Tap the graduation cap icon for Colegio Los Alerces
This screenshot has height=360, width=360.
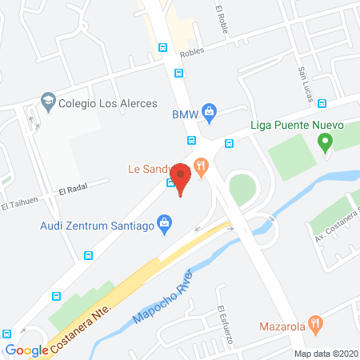(48, 102)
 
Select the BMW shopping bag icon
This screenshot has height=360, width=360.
(209, 111)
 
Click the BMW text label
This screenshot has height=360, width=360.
(185, 114)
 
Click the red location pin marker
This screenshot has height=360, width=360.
(181, 178)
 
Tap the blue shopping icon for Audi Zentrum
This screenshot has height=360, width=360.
(165, 222)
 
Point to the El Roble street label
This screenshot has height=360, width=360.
(222, 20)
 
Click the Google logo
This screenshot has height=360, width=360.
(26, 350)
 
